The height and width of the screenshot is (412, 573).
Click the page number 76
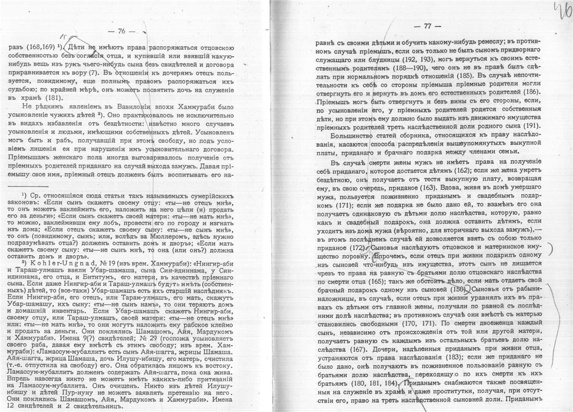[121, 31]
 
